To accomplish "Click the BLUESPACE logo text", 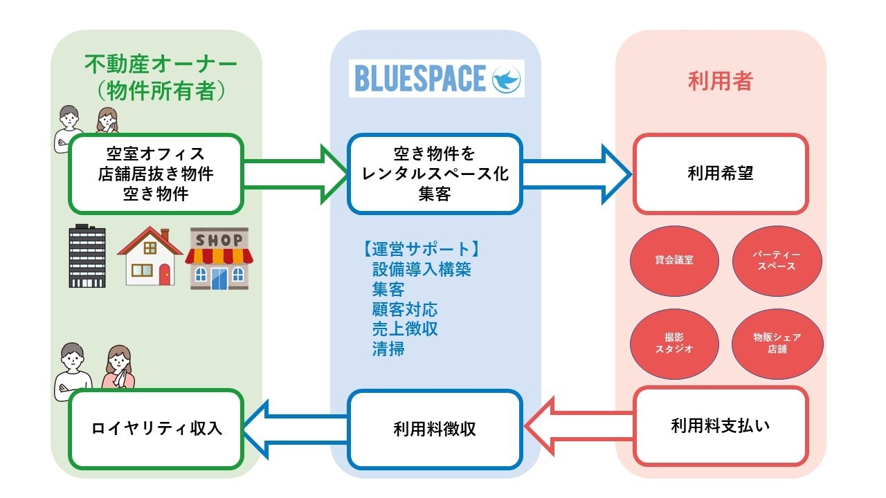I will [419, 78].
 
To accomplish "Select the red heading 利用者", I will [720, 81].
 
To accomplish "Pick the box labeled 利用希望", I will [721, 174].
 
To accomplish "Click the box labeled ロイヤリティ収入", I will [156, 428].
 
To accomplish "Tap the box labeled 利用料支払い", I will [721, 425].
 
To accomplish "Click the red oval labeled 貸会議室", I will [673, 261].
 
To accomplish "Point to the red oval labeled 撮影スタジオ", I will [673, 344].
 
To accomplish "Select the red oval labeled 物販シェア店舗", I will [777, 344].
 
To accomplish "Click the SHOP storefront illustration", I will [219, 258].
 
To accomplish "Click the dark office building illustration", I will [87, 257].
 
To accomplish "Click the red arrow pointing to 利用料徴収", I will [579, 426].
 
